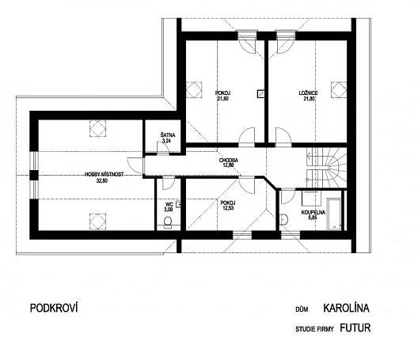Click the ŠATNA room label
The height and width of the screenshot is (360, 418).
(x=168, y=135)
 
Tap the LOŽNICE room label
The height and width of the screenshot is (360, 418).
(x=308, y=93)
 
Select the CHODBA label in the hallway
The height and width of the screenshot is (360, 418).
(x=229, y=161)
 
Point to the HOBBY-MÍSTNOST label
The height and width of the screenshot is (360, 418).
(x=104, y=175)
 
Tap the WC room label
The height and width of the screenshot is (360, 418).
(x=169, y=204)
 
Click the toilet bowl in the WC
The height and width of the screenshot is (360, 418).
(x=168, y=222)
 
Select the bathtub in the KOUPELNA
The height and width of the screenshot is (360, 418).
(x=334, y=214)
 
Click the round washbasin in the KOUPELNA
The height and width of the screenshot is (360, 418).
(x=283, y=220)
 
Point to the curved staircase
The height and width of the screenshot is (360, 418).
(x=326, y=169)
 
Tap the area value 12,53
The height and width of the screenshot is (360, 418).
(x=228, y=208)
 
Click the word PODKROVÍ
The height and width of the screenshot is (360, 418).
(x=54, y=308)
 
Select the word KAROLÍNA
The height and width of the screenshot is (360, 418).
(x=346, y=308)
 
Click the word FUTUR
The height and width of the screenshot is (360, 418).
(x=355, y=328)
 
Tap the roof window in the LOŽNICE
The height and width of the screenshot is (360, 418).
(x=339, y=89)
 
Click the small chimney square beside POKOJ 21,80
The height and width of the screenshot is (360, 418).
(x=261, y=94)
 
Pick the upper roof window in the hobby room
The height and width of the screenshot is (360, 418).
(x=97, y=129)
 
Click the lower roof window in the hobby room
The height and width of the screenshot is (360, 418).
(x=97, y=222)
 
